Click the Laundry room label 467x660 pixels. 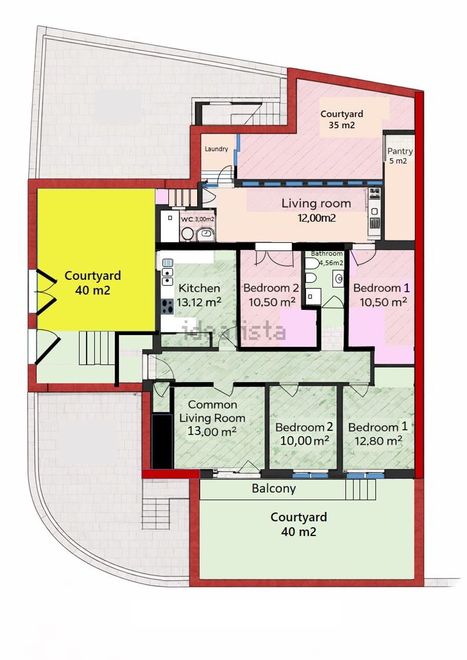click(x=216, y=149)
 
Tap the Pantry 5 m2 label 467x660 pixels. click(x=399, y=156)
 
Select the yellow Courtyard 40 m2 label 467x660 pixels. click(x=93, y=283)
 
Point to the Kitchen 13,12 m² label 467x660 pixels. click(x=199, y=295)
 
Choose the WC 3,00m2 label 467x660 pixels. click(x=198, y=219)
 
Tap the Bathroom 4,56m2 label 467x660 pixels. click(x=327, y=258)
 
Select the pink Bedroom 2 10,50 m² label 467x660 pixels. click(x=271, y=295)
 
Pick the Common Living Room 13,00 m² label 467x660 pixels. click(x=212, y=418)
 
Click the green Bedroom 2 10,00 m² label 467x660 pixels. click(x=304, y=434)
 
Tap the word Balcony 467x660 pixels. click(x=274, y=488)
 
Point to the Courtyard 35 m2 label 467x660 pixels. click(x=342, y=119)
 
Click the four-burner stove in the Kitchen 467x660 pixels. click(x=167, y=307)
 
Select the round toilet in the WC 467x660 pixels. click(x=187, y=234)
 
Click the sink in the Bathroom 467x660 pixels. click(x=338, y=278)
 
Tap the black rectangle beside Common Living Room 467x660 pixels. click(x=162, y=441)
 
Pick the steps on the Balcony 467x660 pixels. click(x=361, y=489)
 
